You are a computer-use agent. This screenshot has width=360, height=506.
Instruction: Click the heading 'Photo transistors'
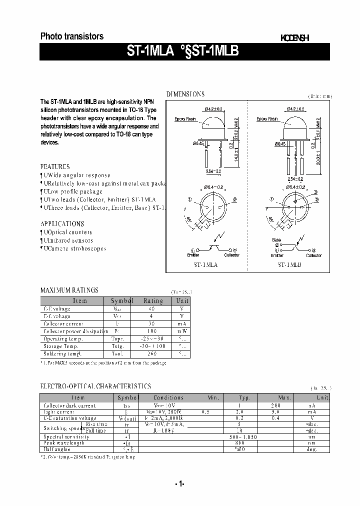(72, 36)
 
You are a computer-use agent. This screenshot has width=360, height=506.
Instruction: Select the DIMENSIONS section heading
(185, 94)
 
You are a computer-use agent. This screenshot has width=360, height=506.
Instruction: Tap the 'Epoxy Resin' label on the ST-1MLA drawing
(184, 119)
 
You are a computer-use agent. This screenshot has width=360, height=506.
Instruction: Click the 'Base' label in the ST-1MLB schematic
(276, 240)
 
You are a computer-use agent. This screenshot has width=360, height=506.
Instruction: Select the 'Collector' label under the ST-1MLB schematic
(314, 255)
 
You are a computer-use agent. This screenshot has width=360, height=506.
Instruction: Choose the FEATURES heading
(55, 167)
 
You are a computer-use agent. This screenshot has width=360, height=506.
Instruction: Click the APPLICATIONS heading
(62, 224)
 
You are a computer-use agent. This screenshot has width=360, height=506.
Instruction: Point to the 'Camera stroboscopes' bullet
(75, 248)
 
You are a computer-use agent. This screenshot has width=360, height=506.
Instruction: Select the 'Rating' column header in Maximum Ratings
(153, 301)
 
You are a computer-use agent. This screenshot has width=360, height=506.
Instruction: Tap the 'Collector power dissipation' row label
(75, 331)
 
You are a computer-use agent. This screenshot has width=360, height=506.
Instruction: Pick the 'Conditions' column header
(169, 398)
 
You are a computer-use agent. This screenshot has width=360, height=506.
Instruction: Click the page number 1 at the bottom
(180, 483)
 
